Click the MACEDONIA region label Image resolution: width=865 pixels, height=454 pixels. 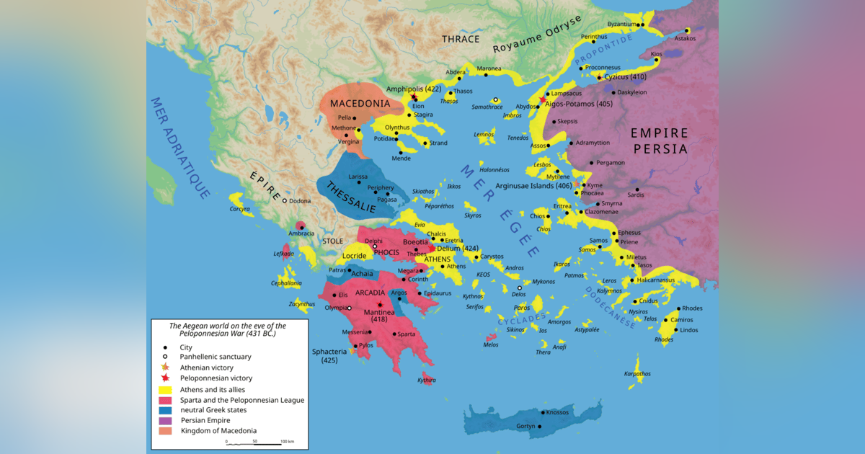tap(360, 104)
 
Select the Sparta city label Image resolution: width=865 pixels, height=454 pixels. tap(405, 334)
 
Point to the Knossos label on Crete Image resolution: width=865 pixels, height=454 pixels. tap(558, 413)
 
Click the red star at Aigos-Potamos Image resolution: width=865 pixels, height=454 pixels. tap(543, 99)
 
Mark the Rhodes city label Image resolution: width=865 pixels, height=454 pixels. tap(692, 308)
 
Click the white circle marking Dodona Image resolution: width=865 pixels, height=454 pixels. tap(285, 201)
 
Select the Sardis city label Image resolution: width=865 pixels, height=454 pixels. tap(636, 195)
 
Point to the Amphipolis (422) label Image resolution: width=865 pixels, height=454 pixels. tap(414, 89)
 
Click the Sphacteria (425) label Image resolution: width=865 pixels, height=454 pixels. tap(329, 355)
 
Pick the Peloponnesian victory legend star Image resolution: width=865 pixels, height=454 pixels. tap(165, 378)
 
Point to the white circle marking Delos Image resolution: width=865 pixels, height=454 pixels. tap(520, 288)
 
